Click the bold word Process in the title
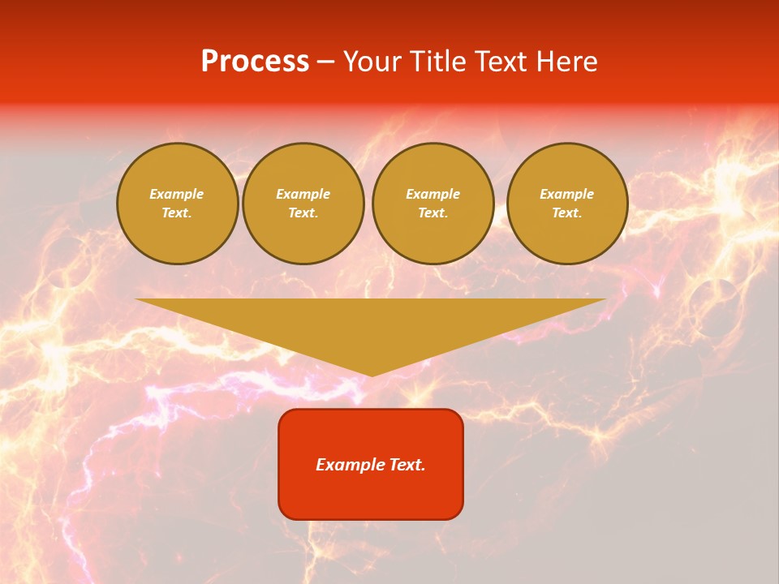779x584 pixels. (x=255, y=62)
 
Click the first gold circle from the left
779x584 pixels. (x=177, y=204)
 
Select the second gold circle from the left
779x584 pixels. (x=303, y=204)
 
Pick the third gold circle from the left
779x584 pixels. (x=433, y=204)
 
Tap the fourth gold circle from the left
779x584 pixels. (x=567, y=204)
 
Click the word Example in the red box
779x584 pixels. (x=350, y=465)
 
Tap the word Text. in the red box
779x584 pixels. (x=407, y=465)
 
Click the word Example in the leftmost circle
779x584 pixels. (x=177, y=194)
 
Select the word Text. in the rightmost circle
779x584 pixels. (x=567, y=213)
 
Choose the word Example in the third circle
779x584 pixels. (x=433, y=194)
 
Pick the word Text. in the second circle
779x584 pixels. (x=303, y=213)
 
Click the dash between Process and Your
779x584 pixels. (x=325, y=62)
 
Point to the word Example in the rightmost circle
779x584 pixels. (x=567, y=194)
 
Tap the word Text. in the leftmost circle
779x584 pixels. (x=177, y=213)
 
